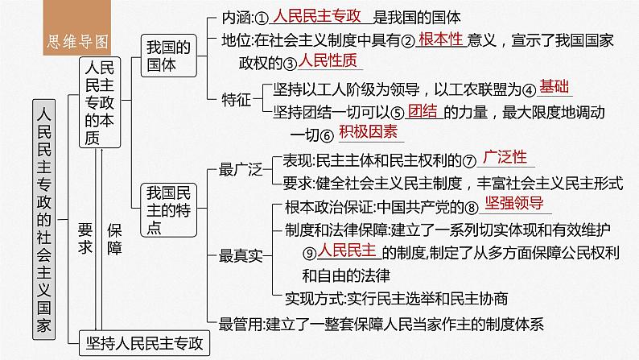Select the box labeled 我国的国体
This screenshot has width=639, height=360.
click(161, 57)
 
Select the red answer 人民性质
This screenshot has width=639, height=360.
click(328, 61)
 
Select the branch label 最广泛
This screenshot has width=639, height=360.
click(238, 169)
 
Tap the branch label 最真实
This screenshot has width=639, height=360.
click(238, 256)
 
